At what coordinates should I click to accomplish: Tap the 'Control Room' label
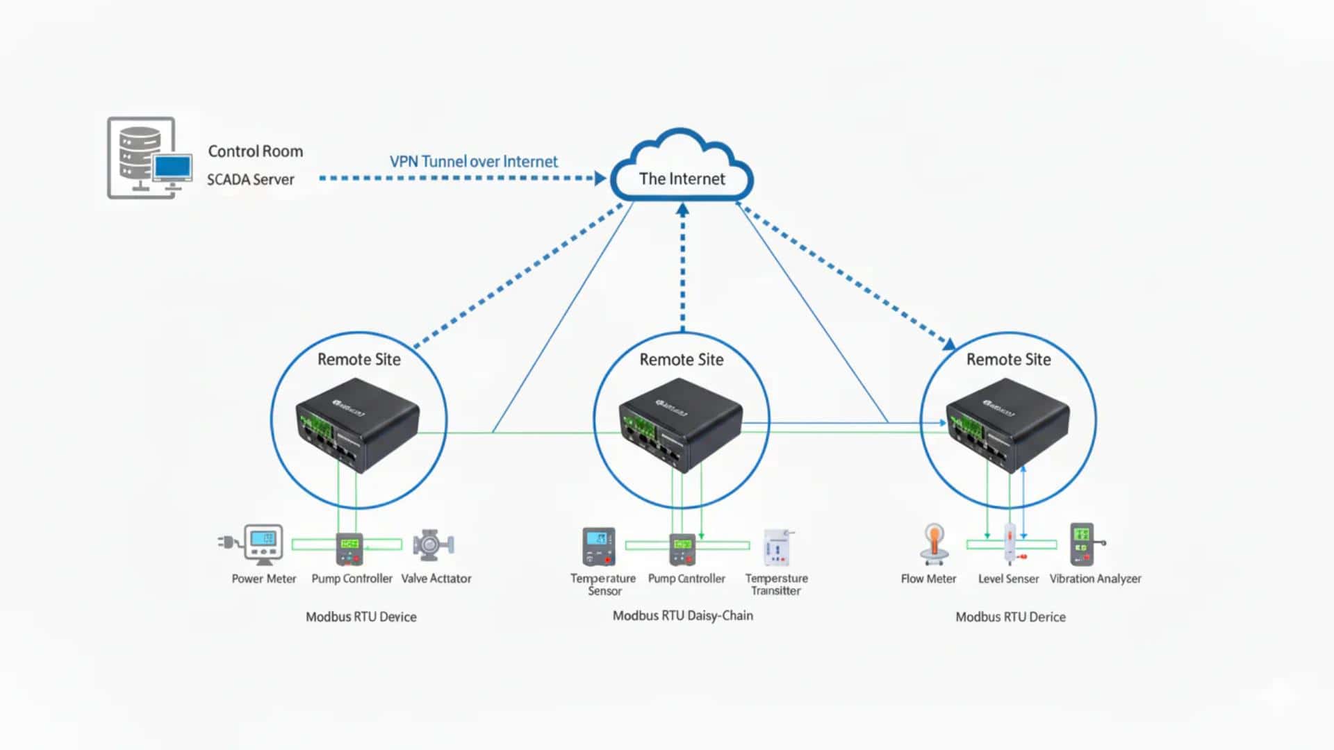click(255, 151)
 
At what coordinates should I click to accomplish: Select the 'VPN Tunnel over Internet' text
click(473, 162)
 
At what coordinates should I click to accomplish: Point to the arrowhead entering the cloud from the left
click(600, 178)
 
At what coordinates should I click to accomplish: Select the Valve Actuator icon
click(433, 545)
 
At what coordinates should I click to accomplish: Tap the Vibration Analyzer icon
click(1083, 544)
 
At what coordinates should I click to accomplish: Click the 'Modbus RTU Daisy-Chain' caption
click(682, 615)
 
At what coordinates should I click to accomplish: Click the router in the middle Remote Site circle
click(680, 424)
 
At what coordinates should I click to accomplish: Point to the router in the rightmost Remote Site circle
click(1007, 424)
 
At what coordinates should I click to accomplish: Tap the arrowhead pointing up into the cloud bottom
click(682, 209)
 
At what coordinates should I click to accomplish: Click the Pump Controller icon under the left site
click(349, 549)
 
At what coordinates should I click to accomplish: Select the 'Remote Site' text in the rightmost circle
click(1008, 360)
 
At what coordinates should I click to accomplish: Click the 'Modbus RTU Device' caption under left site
click(361, 617)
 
